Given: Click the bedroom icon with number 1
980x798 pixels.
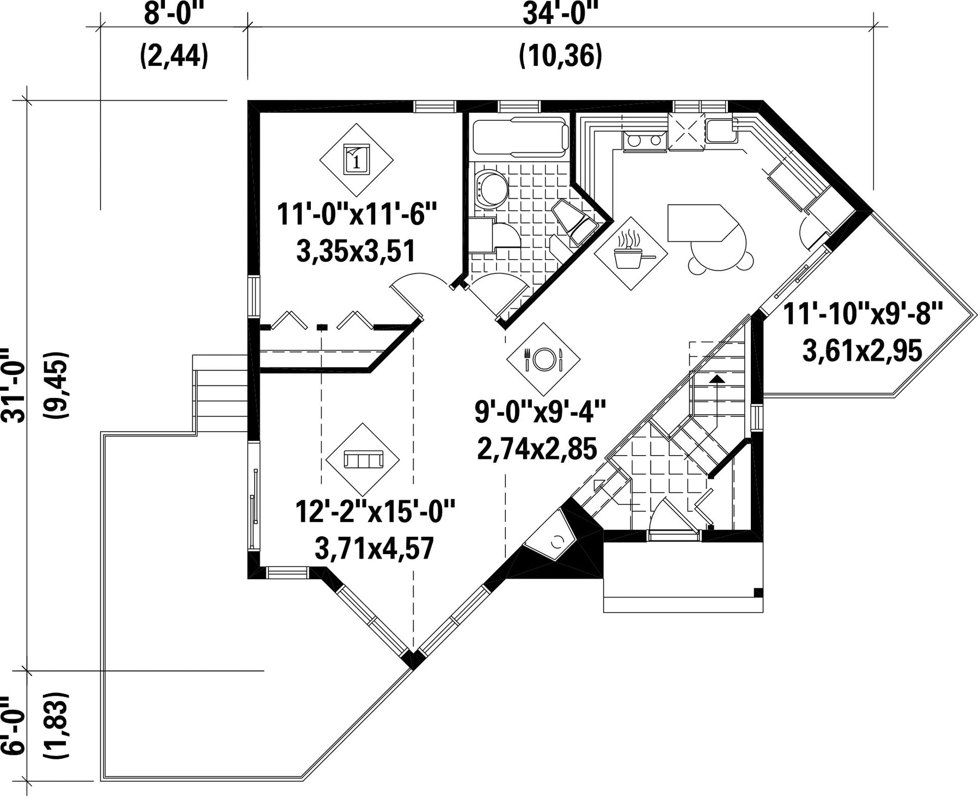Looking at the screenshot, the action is coord(356,159).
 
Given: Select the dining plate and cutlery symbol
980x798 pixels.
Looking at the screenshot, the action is coord(543,359).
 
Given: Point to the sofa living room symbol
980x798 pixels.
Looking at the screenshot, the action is coord(363,460).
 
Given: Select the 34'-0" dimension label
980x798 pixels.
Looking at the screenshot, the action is coord(560,15).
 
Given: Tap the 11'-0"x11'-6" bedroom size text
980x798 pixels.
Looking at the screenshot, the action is coord(357,214).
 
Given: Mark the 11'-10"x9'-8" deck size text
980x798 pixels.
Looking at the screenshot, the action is coord(863,315).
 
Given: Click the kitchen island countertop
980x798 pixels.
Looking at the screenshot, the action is coord(702,223).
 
